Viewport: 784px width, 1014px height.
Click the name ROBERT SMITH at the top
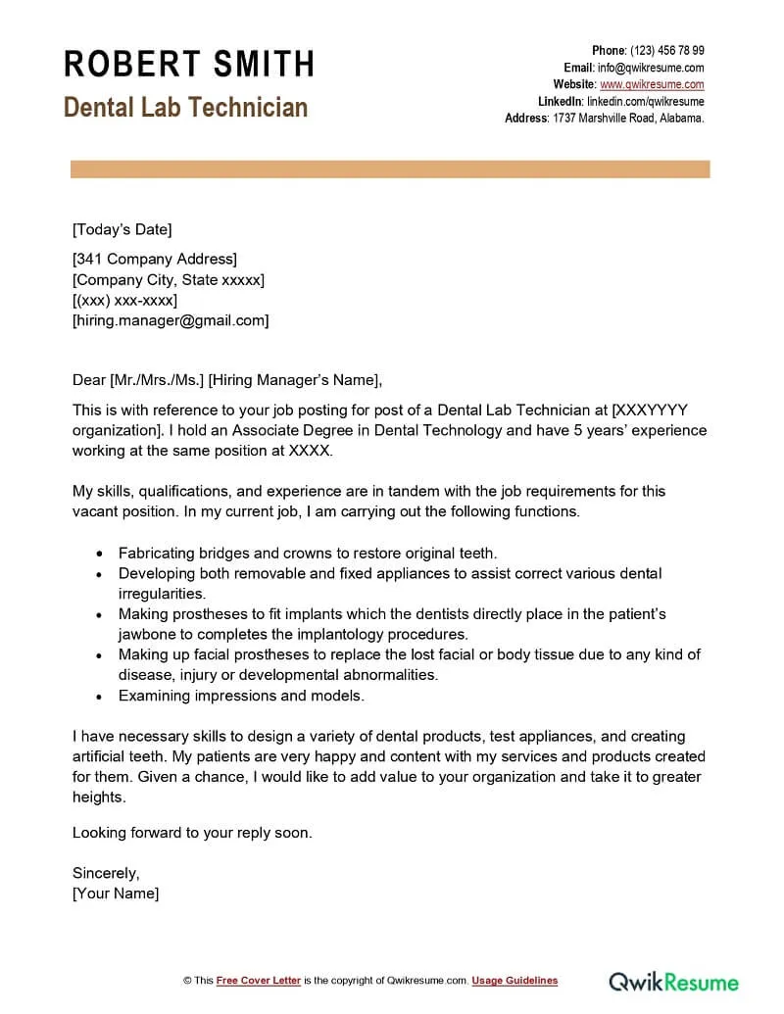pos(189,64)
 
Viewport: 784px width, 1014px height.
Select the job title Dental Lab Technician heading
pos(186,107)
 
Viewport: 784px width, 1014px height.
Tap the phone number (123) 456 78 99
pos(666,51)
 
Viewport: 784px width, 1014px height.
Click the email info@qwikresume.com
pos(651,68)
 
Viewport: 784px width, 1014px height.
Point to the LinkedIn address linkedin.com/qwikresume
pos(645,101)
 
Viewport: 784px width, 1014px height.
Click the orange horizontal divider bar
pos(390,169)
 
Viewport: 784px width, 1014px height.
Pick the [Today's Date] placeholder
pos(122,229)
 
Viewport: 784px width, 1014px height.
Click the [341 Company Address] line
pos(155,260)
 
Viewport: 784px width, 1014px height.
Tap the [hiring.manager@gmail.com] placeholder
pos(171,320)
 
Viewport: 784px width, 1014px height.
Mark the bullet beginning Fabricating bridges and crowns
pos(308,553)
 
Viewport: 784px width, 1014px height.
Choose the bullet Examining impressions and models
pos(241,696)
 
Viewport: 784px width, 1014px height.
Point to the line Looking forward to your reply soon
pos(192,833)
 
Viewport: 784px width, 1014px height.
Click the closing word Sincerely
pos(106,873)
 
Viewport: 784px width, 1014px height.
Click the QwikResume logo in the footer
pos(673,981)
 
